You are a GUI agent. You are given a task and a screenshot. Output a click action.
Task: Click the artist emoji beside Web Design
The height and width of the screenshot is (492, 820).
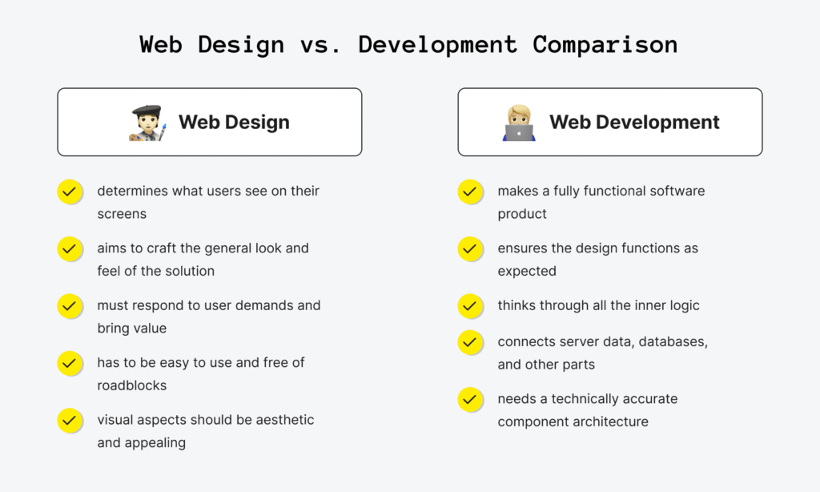click(147, 123)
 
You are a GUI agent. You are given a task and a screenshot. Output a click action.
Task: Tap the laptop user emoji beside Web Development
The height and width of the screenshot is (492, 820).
click(519, 123)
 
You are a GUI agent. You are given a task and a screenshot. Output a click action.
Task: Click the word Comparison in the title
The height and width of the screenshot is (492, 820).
click(605, 44)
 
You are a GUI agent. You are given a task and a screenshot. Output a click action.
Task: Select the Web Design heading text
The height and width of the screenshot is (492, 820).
click(234, 123)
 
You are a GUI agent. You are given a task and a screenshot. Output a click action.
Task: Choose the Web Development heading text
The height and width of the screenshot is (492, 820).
click(634, 123)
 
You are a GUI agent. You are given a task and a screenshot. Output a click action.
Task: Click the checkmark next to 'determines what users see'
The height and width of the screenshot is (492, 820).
click(70, 192)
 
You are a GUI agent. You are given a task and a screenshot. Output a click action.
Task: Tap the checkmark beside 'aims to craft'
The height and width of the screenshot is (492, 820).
click(70, 248)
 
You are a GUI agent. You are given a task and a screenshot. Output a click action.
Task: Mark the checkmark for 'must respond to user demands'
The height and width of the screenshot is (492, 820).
click(70, 305)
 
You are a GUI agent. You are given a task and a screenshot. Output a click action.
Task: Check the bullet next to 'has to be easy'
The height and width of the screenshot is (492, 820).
click(70, 363)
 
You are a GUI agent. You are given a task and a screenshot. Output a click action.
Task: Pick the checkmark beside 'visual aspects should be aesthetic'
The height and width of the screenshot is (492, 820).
click(70, 420)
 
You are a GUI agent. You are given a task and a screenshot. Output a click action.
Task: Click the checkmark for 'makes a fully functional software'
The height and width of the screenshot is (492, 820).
click(470, 192)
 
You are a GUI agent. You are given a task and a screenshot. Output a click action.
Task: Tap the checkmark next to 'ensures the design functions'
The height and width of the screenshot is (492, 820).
click(470, 248)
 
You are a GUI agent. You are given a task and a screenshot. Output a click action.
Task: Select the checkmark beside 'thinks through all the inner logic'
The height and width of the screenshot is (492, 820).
click(470, 305)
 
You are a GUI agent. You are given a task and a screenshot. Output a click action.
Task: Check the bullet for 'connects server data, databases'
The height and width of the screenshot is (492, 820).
click(470, 342)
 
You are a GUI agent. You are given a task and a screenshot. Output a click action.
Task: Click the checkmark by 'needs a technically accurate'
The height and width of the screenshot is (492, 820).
click(470, 399)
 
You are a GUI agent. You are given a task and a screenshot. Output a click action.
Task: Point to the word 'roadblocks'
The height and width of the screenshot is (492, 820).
click(131, 385)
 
